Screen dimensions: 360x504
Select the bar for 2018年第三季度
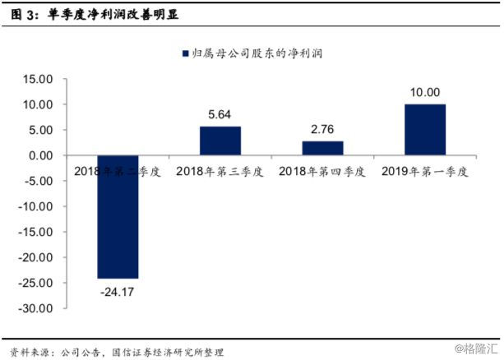click(220, 141)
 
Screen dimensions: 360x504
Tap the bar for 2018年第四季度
click(322, 148)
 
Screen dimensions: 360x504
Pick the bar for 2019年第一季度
click(425, 130)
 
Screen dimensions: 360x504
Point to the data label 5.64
click(220, 114)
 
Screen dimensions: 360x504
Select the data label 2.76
click(322, 129)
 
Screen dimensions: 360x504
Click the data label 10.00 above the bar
click(425, 92)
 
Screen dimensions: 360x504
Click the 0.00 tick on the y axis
click(40, 156)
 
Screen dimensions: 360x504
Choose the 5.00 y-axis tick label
click(40, 131)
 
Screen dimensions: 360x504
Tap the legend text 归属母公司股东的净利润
click(257, 53)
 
